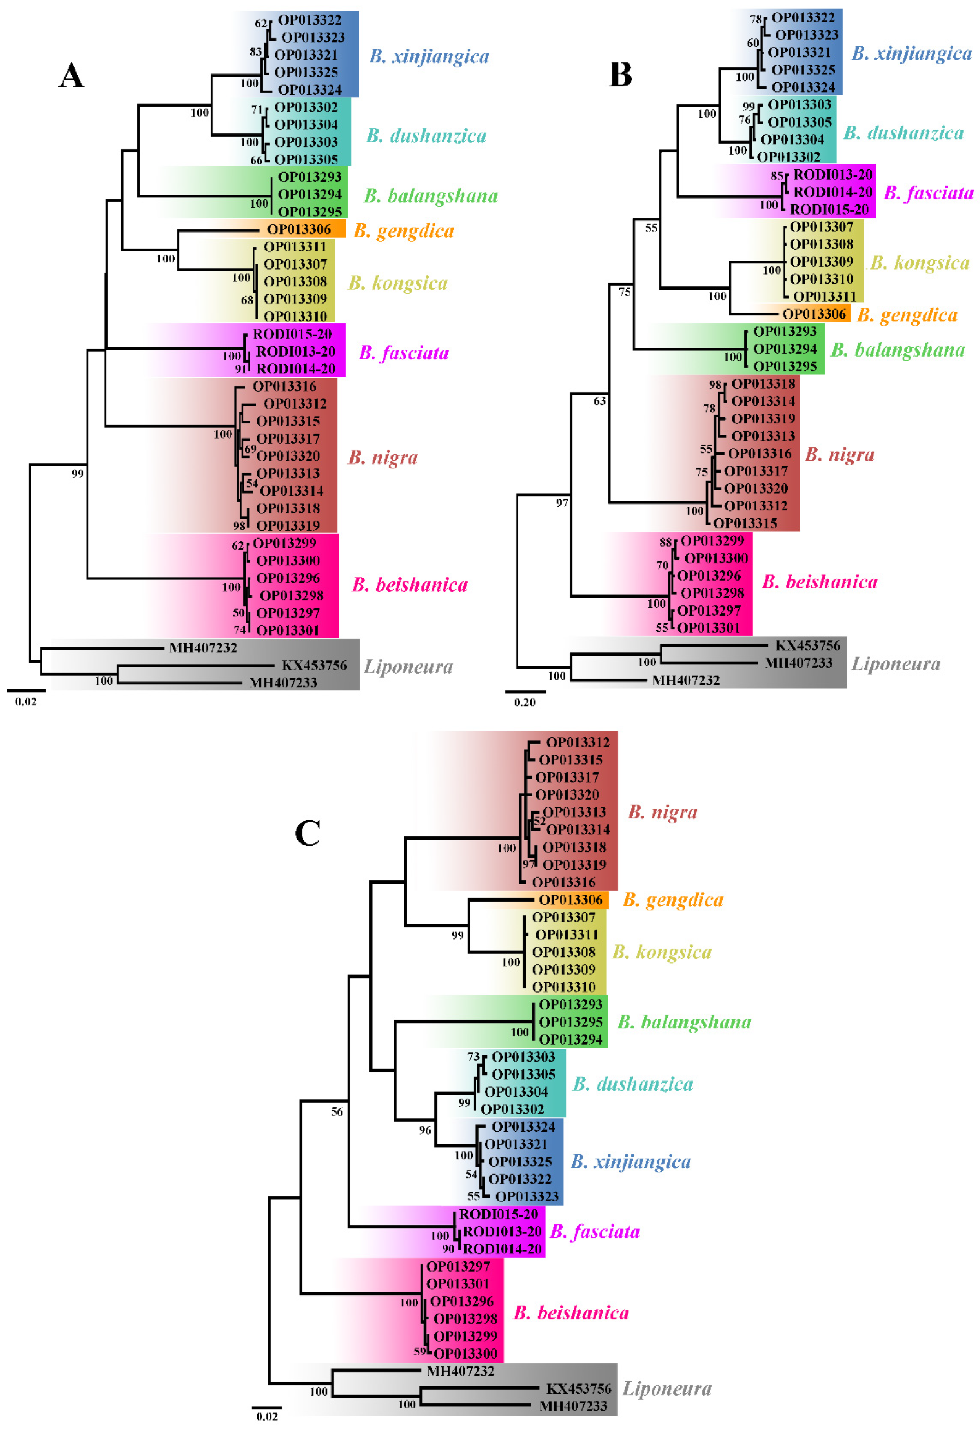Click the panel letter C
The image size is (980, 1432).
pos(307,834)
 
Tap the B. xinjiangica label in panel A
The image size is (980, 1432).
pos(429,56)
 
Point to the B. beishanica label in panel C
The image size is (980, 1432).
pos(571,1313)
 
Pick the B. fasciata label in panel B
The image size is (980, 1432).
pos(928,193)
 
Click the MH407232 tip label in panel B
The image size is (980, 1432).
pos(686,680)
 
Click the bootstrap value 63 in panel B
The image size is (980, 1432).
pos(599,401)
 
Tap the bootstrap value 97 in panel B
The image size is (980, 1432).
pos(562,503)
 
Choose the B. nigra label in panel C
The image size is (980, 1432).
pos(662,812)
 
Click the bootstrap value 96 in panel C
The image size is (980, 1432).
pos(425,1130)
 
